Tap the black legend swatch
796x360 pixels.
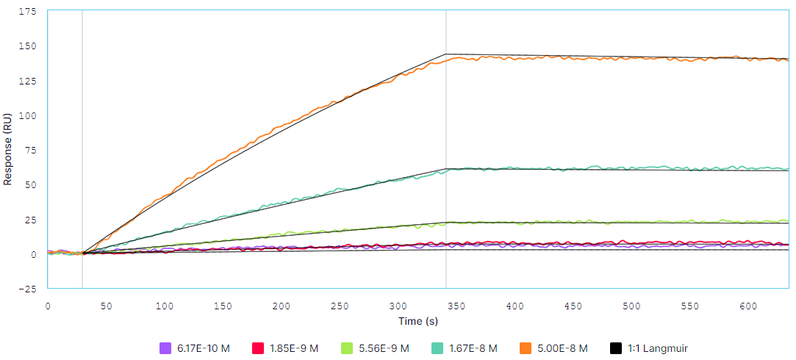coord(616,348)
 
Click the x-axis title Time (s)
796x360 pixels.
coord(419,321)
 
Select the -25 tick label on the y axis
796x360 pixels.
coord(29,289)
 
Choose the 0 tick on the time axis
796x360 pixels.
coord(48,304)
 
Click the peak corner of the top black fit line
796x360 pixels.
coord(445,54)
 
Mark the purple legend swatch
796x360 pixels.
coord(165,348)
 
